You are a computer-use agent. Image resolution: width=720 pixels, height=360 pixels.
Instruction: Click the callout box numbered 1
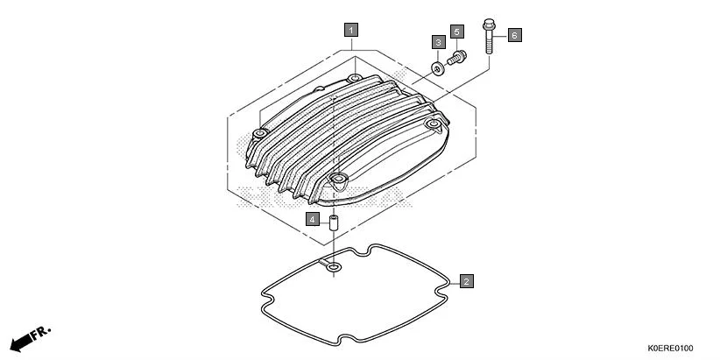(350, 30)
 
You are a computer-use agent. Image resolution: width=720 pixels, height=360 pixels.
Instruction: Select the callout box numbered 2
(467, 281)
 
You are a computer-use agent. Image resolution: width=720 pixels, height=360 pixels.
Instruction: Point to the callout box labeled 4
(313, 218)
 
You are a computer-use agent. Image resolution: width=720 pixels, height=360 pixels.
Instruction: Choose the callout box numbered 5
(456, 32)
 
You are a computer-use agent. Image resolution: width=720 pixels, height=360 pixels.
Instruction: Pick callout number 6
(514, 35)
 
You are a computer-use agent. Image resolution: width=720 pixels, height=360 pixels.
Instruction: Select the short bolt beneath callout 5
(455, 59)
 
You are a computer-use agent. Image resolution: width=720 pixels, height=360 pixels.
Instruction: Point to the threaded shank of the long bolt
(487, 44)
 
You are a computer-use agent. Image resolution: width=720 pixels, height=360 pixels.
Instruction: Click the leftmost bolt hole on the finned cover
(259, 133)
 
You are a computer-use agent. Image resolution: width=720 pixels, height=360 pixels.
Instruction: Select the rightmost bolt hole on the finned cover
(432, 126)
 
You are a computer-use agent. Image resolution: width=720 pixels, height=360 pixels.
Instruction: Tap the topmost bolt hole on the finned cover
(354, 80)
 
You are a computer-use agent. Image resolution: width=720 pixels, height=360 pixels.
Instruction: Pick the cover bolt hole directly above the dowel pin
(335, 181)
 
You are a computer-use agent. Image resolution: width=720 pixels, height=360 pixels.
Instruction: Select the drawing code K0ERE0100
(672, 348)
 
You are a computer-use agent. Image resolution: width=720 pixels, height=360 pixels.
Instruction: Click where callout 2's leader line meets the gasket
(449, 282)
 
